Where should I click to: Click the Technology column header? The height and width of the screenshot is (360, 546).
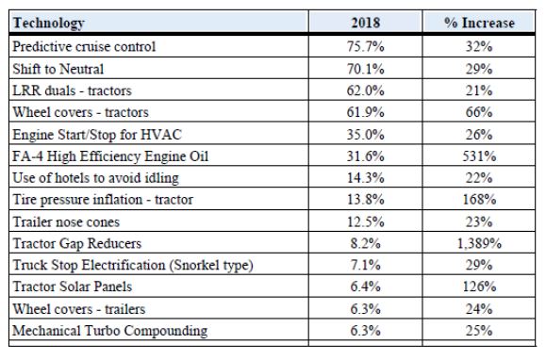click(x=48, y=24)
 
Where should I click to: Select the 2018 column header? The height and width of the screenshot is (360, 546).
click(x=365, y=23)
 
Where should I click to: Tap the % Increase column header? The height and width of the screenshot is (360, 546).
click(x=479, y=23)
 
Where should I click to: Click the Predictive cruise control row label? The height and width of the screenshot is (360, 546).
click(x=84, y=46)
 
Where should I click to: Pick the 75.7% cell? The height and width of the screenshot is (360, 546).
click(x=365, y=46)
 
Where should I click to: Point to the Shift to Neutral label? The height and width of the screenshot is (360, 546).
click(x=58, y=69)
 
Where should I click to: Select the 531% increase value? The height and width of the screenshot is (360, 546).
click(x=479, y=156)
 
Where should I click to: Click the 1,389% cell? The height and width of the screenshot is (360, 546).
click(x=479, y=243)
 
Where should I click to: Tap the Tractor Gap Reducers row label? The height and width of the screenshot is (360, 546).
click(x=77, y=243)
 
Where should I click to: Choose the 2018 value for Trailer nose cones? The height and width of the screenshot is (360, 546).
click(x=365, y=221)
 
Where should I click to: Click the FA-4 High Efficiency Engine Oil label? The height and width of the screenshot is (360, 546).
click(x=110, y=156)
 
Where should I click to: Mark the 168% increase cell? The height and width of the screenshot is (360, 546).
click(x=479, y=200)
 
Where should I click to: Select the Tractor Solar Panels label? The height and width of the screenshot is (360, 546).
click(x=73, y=286)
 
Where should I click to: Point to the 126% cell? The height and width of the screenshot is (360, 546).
click(x=479, y=286)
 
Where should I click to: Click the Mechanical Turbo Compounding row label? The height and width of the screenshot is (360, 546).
click(x=110, y=331)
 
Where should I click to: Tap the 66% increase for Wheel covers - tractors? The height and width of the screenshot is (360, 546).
click(x=479, y=112)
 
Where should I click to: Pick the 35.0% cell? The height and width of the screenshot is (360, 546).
click(x=365, y=134)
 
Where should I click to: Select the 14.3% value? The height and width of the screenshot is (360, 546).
click(x=365, y=178)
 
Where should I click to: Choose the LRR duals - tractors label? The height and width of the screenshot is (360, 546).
click(x=72, y=90)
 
